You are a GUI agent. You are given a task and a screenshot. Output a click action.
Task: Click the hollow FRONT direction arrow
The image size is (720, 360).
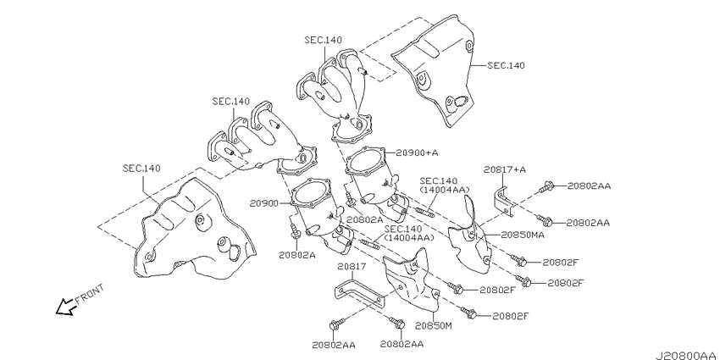[x=64, y=307]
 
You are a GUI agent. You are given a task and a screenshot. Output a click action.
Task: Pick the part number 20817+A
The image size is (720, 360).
[x=505, y=169]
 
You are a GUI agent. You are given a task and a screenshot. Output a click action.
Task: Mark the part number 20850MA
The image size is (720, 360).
[x=522, y=235]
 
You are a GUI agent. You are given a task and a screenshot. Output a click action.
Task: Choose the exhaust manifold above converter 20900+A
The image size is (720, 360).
[x=339, y=89]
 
